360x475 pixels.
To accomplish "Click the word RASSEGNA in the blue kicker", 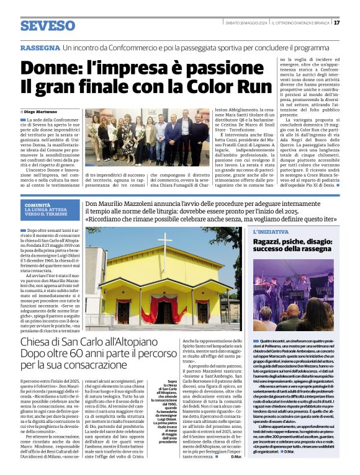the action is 38,48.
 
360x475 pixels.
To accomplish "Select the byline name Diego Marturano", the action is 44,111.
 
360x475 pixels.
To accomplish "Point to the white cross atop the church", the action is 165,240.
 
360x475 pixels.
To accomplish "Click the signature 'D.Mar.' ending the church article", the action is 236,457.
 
